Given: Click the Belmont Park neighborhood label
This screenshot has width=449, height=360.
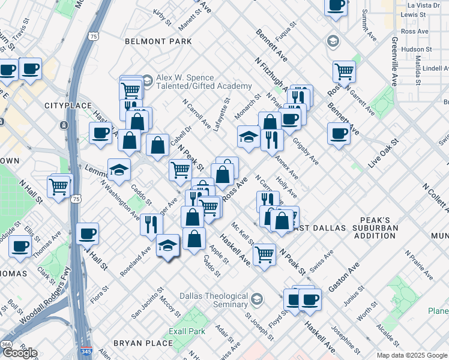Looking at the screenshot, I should point(158,41).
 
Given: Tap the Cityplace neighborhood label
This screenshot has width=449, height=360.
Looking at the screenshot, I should point(62,106).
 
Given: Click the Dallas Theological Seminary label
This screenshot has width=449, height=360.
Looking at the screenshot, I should point(214,300).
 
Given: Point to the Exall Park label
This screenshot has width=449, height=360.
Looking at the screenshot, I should point(188,331).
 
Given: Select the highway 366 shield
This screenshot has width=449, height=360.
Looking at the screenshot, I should point(6,344).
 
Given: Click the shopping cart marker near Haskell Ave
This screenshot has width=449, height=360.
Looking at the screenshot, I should point(264,254).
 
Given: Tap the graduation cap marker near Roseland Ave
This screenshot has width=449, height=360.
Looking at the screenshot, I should point(168,245).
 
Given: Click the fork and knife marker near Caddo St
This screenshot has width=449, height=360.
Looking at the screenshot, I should point(151,224).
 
